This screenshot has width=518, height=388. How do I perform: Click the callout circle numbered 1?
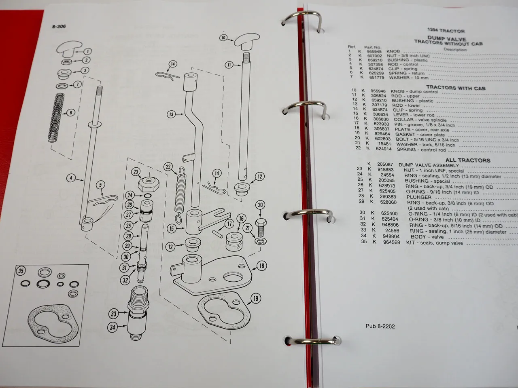click(x=87, y=51)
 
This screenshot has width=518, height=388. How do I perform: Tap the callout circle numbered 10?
click(x=223, y=38)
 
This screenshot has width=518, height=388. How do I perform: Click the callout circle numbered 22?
click(x=168, y=167)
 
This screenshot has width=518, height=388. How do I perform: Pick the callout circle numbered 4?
click(x=71, y=178)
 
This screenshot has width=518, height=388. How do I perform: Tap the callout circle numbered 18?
click(x=261, y=266)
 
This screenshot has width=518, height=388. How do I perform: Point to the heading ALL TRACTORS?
click(x=467, y=160)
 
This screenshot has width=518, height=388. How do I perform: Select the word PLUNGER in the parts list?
click(x=420, y=197)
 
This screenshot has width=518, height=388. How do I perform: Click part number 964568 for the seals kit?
click(x=392, y=242)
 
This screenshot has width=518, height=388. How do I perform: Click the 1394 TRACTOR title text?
click(x=446, y=31)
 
